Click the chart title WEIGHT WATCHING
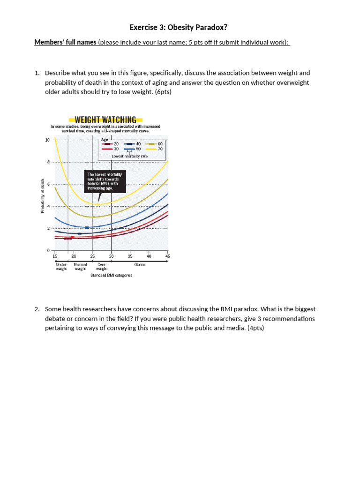tap(105, 120)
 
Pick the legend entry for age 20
tap(111, 144)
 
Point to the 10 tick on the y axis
tap(47, 140)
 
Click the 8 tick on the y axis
tap(48, 162)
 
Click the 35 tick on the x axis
tap(130, 256)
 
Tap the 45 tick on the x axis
tap(167, 256)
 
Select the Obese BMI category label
tap(140, 264)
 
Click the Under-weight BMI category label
tap(61, 267)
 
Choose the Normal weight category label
tap(80, 267)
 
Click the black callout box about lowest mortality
tap(105, 181)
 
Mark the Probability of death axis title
tap(43, 196)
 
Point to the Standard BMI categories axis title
tap(111, 275)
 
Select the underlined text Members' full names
tap(66, 43)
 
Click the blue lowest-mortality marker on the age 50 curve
tap(87, 227)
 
